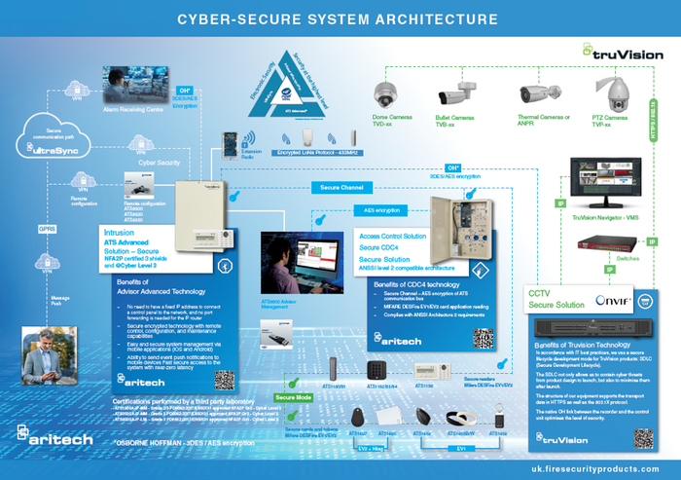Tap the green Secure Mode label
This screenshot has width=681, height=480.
[x=294, y=397]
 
